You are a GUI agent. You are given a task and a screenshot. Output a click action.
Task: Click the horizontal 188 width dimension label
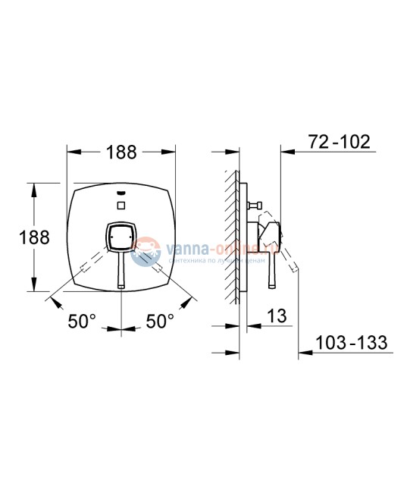pyautogui.click(x=120, y=152)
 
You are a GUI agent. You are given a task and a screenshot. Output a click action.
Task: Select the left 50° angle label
pyautogui.click(x=82, y=322)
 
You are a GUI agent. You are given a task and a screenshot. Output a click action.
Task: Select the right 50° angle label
pyautogui.click(x=160, y=322)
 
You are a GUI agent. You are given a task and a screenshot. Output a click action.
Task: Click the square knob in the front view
pyautogui.click(x=120, y=237)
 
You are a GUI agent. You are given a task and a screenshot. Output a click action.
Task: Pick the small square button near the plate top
pyautogui.click(x=121, y=206)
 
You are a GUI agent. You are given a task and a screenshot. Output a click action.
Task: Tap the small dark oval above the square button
pyautogui.click(x=121, y=193)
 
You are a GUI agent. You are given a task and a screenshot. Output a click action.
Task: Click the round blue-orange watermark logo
pyautogui.click(x=144, y=251)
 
